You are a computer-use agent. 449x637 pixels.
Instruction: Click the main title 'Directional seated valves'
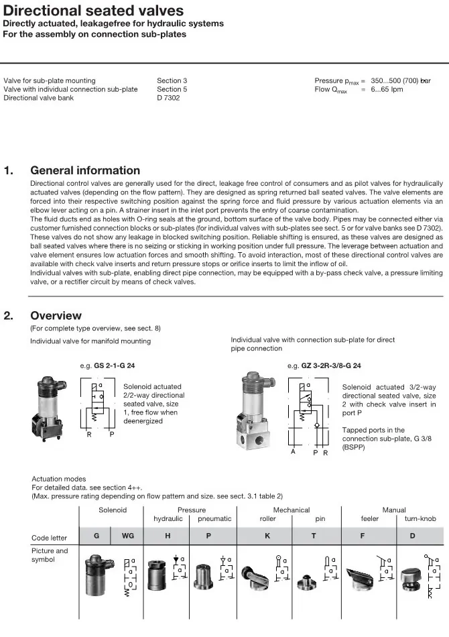tap(93, 11)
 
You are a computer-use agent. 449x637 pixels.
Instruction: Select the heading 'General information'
tap(85, 170)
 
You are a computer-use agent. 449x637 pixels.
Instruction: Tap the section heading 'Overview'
tap(56, 315)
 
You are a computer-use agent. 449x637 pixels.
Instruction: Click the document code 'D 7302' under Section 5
tap(168, 98)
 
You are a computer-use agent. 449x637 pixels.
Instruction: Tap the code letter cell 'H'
tap(168, 536)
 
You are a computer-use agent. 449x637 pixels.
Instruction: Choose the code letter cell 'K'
tap(267, 536)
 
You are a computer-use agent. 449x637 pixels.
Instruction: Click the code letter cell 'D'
tap(412, 536)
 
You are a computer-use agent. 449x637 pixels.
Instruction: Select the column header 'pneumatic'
tap(214, 519)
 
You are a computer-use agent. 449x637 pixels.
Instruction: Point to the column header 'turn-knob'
tap(420, 519)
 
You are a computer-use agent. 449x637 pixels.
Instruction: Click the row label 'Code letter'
tap(50, 538)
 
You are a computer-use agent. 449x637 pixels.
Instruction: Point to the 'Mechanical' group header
tap(291, 510)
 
